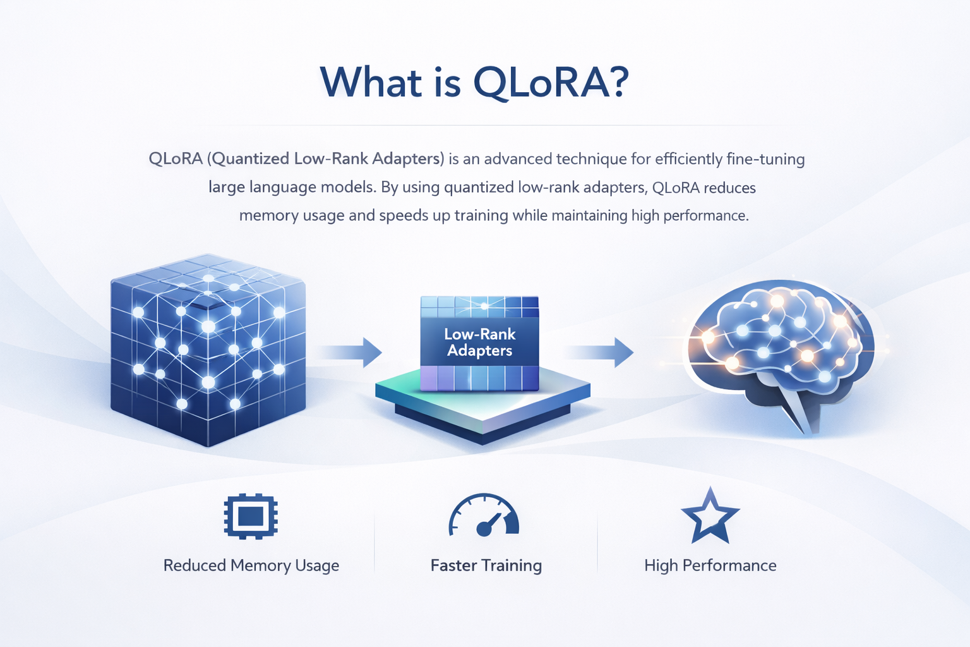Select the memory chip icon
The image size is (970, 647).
click(251, 517)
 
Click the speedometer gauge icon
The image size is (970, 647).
click(484, 516)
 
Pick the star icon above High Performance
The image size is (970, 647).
click(710, 517)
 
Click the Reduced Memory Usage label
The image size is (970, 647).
click(251, 565)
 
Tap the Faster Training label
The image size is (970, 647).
click(486, 565)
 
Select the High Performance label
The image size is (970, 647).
click(710, 565)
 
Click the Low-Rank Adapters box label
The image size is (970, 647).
click(480, 342)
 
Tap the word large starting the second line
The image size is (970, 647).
click(226, 188)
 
